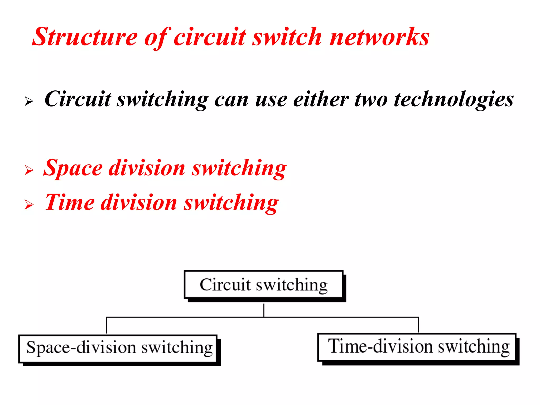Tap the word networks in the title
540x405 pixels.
[380, 37]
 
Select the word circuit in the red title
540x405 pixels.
[210, 37]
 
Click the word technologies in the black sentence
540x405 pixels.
[454, 100]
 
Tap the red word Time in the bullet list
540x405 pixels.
[70, 202]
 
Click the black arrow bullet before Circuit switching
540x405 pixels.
[29, 101]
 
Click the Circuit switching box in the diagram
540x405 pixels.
[263, 285]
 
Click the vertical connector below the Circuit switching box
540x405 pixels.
[264, 310]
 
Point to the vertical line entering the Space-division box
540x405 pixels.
[106, 326]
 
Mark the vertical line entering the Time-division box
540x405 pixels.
[418, 325]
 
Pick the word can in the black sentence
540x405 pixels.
[231, 100]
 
